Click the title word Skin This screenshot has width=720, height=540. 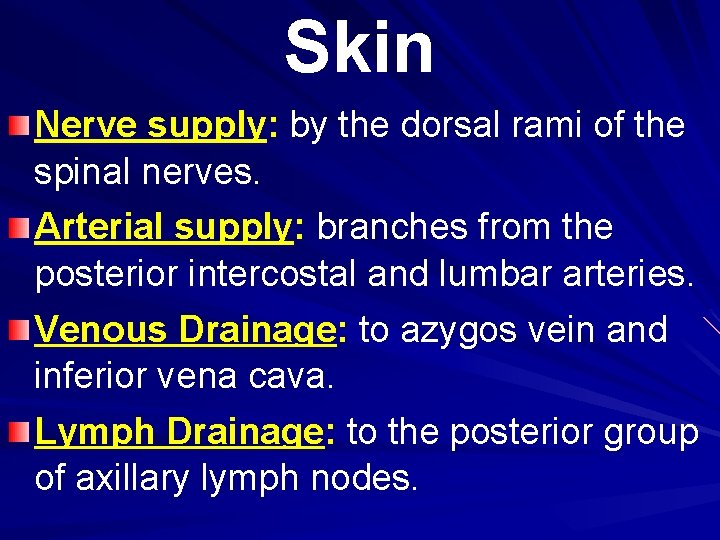coord(359,48)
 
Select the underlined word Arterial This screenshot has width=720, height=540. coord(100,227)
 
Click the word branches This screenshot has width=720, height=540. coord(391,227)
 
